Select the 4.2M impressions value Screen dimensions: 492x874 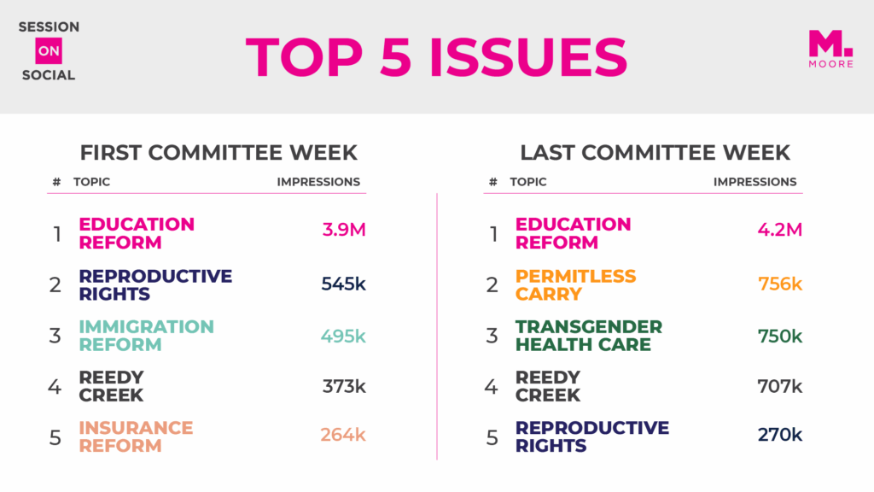(779, 231)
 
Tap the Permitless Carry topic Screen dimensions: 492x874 (575, 285)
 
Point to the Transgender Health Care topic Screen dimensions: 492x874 (588, 336)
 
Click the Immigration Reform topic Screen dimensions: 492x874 (146, 336)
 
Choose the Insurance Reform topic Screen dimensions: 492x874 (136, 436)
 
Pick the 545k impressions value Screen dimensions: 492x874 (343, 284)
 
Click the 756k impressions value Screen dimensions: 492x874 (779, 284)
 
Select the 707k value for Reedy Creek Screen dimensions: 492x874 (779, 386)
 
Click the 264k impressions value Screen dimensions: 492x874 (343, 435)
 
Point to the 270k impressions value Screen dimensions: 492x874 (779, 435)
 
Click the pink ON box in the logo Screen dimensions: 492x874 (49, 51)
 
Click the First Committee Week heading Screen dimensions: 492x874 (218, 153)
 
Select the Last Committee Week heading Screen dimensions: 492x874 (655, 153)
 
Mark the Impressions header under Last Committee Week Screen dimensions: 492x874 (755, 182)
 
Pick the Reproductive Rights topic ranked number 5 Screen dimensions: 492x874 (591, 436)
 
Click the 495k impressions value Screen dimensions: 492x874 (343, 336)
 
